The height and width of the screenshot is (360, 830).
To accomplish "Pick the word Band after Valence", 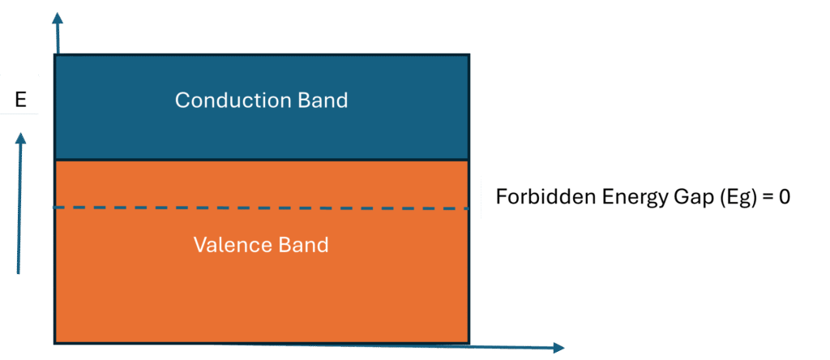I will (303, 244).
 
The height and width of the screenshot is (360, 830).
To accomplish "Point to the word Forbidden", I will (535, 196).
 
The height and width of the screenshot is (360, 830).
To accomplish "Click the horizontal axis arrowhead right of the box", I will (558, 348).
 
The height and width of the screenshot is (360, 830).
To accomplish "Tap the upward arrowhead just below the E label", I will (21, 140).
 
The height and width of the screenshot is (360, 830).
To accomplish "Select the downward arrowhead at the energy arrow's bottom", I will (21, 268).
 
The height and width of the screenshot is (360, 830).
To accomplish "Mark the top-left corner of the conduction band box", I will (55, 55).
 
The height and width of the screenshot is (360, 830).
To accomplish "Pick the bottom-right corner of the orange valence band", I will (468, 341).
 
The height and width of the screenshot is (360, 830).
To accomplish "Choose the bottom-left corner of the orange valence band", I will (55, 341).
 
